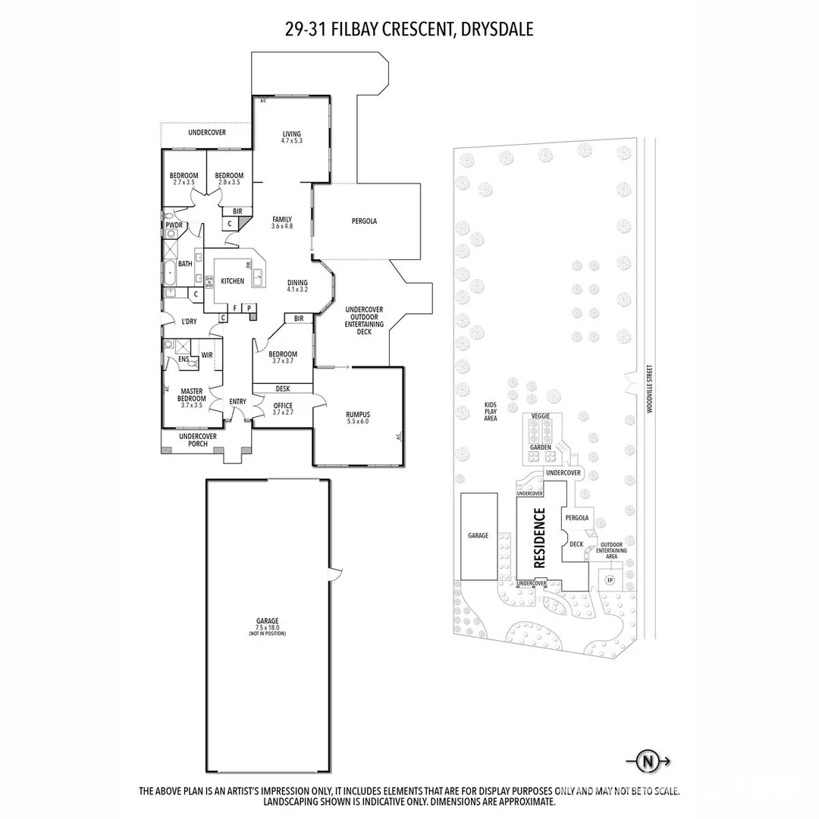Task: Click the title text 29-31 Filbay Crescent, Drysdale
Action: tap(409, 30)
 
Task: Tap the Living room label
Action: tap(292, 136)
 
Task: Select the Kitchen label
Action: tap(232, 281)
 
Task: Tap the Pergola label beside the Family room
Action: tap(364, 221)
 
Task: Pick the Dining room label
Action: tap(297, 284)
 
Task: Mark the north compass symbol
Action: tap(647, 761)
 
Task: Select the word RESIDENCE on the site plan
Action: tap(540, 538)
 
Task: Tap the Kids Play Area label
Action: tap(491, 412)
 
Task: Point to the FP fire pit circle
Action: tap(609, 581)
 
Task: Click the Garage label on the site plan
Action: tap(478, 535)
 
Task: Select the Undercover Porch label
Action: tap(198, 440)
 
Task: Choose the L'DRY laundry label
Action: tap(188, 322)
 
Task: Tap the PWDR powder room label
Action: tap(173, 225)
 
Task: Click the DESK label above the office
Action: tap(282, 388)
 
